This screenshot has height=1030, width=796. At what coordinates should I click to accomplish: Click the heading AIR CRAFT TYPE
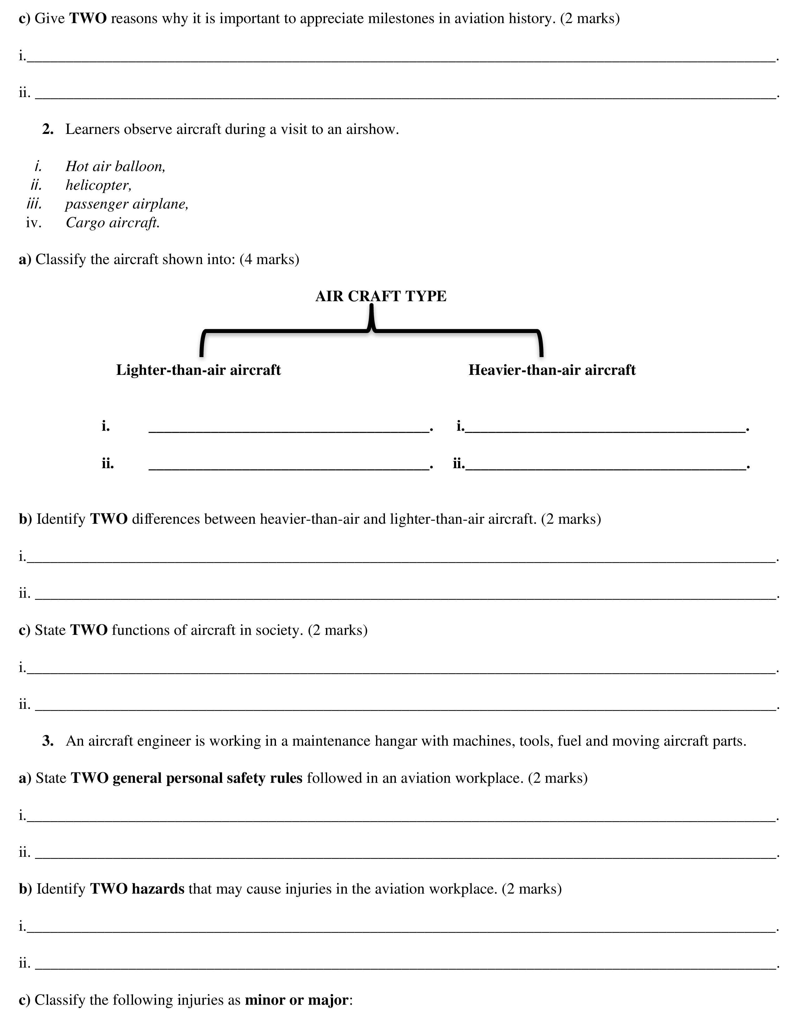(x=381, y=296)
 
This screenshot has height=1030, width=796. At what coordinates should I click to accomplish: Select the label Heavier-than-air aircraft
(x=552, y=370)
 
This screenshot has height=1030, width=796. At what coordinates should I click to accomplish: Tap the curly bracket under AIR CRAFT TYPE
(x=371, y=330)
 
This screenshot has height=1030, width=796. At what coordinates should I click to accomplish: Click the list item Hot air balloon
(x=115, y=166)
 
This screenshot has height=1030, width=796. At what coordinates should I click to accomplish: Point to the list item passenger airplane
(x=126, y=204)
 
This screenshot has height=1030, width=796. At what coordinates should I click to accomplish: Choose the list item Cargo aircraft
(x=112, y=223)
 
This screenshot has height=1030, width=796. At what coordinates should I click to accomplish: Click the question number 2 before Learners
(x=48, y=129)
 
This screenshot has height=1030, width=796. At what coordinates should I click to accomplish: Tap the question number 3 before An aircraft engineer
(x=48, y=741)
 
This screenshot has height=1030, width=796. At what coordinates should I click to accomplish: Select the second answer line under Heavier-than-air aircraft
(x=606, y=467)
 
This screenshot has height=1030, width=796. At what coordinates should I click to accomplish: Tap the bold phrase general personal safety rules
(x=208, y=778)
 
